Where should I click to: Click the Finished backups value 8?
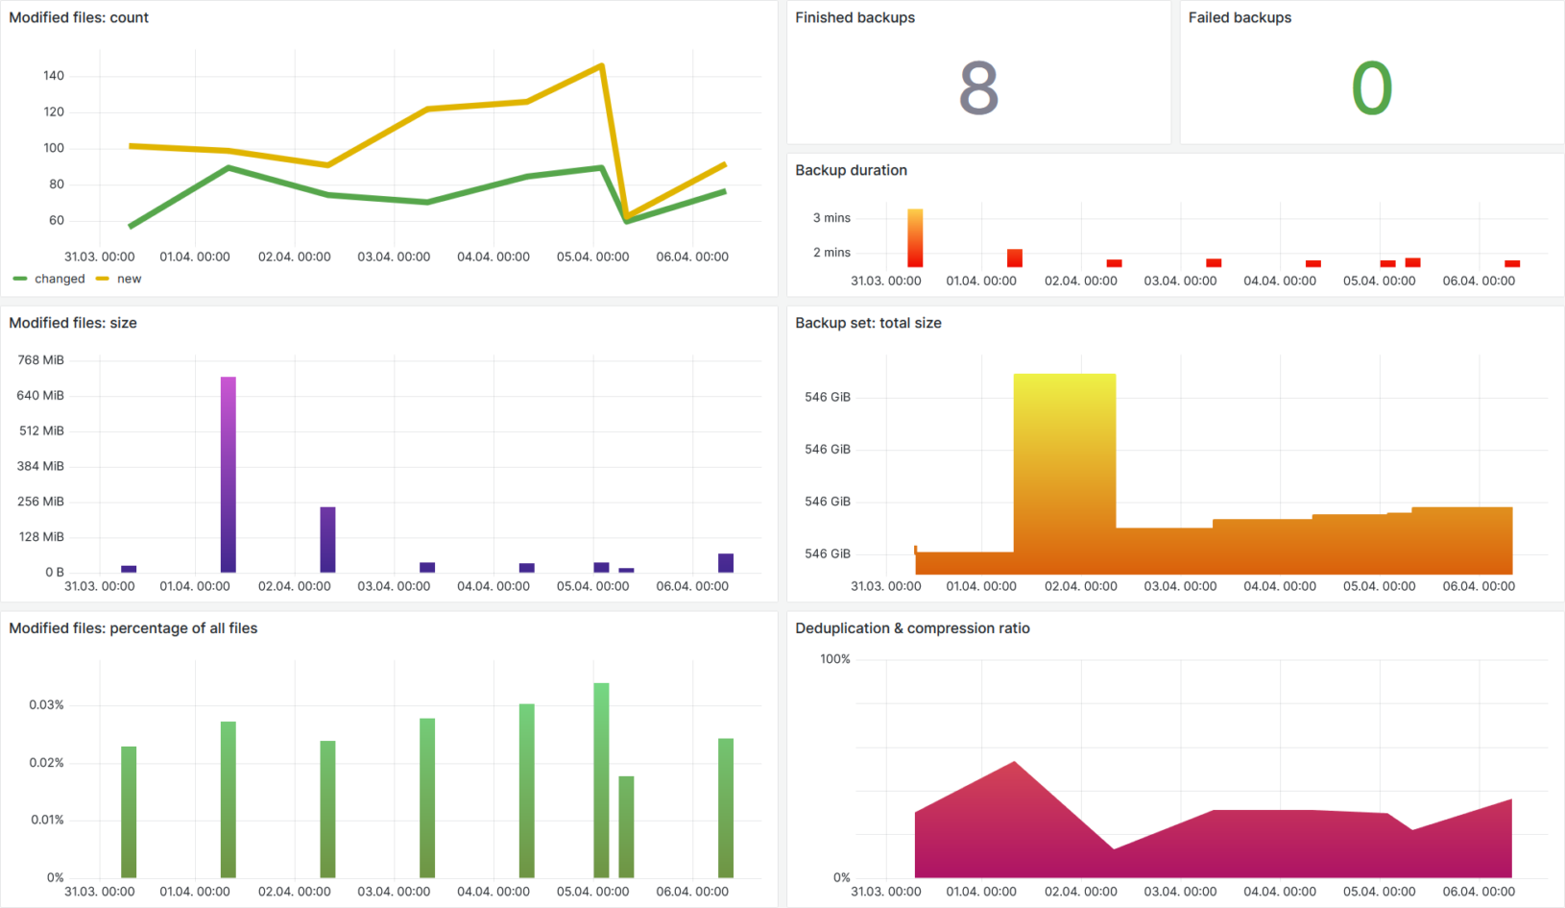point(978,88)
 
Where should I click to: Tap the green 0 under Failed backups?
point(1371,88)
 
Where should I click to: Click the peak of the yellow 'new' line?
point(601,65)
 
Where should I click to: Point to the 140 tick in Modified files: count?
point(54,75)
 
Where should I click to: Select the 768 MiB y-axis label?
point(40,359)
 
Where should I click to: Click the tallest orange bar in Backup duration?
point(915,237)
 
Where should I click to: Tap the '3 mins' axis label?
point(831,218)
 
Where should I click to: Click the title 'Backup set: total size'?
point(868,323)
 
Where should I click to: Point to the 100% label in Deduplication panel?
point(834,659)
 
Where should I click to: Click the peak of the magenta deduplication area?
point(1015,763)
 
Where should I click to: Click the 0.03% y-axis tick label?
point(46,704)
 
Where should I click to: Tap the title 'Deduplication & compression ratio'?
point(912,628)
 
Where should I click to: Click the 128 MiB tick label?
point(40,536)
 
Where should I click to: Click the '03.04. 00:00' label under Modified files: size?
point(394,586)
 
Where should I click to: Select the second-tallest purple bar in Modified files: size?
point(327,539)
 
